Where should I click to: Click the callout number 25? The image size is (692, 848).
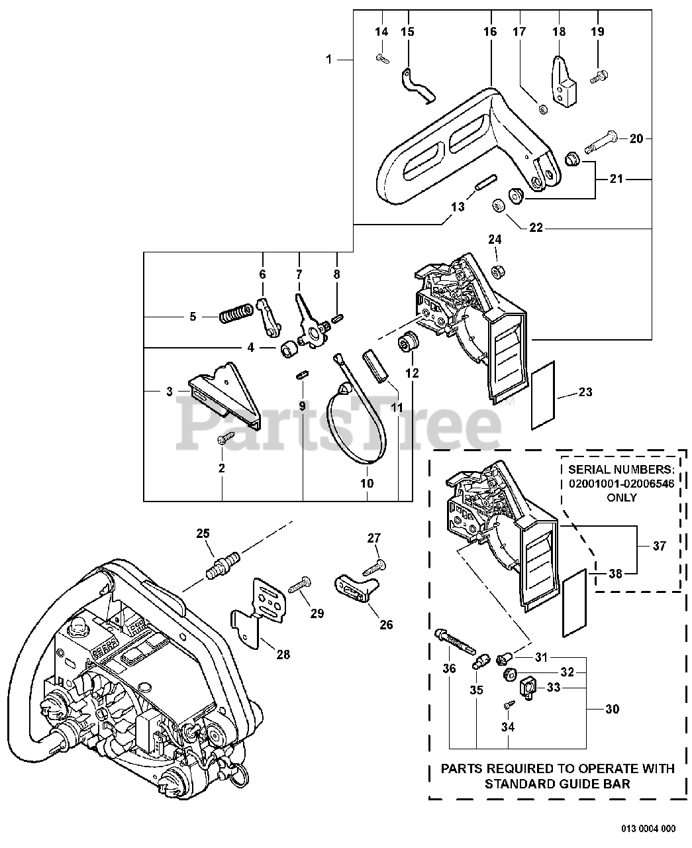point(203,533)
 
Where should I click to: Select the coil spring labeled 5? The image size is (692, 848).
point(235,313)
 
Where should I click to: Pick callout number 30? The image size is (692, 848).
point(613,709)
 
